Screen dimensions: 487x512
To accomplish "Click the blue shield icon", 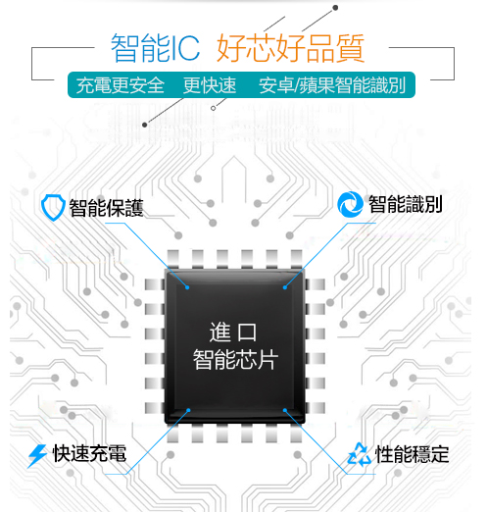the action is click(x=53, y=207).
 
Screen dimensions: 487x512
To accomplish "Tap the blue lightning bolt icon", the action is click(x=37, y=455).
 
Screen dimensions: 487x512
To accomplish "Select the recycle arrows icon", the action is click(x=360, y=454).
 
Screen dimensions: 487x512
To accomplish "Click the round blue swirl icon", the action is click(x=350, y=204).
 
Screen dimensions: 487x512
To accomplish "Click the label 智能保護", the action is click(x=107, y=208).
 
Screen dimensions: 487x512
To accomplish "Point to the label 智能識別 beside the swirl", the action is click(x=406, y=204).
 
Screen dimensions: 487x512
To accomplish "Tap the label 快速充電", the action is click(x=89, y=454).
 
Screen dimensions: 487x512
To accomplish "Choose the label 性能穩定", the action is click(x=413, y=454).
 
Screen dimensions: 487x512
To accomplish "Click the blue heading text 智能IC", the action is click(x=156, y=48).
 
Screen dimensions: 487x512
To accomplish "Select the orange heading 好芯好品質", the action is click(x=291, y=48).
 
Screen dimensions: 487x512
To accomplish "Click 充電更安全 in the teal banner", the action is click(x=121, y=85).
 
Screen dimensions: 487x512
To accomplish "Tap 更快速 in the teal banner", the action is click(x=210, y=85).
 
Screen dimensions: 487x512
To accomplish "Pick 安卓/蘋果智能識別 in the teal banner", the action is click(x=332, y=85).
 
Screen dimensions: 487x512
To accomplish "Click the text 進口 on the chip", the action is click(x=233, y=332).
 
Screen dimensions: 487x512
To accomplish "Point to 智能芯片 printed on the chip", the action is click(x=235, y=359).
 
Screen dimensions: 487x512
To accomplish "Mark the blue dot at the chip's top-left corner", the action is click(x=187, y=287).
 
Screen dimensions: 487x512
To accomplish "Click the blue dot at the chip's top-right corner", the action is click(x=285, y=287).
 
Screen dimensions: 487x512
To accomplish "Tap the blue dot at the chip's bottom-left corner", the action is click(x=188, y=410).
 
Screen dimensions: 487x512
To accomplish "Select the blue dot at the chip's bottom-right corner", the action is click(x=285, y=410).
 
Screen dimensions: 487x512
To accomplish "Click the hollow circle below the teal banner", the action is click(x=213, y=108).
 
